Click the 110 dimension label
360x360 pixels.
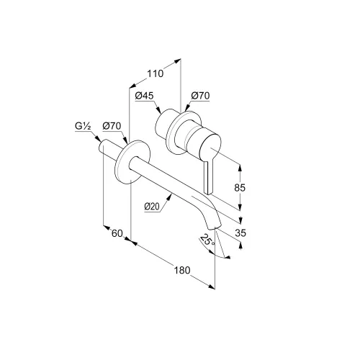tap(155, 73)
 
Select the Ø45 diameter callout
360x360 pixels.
tap(144, 96)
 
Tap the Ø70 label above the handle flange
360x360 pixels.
tap(200, 96)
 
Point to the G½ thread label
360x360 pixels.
tap(83, 126)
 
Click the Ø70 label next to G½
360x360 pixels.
tap(112, 126)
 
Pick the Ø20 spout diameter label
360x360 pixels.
tap(152, 206)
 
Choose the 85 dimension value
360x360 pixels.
tap(240, 187)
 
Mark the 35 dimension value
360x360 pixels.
tap(240, 233)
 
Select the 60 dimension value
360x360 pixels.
tap(117, 233)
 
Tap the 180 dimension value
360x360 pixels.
tap(182, 270)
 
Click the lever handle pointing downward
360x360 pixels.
tap(208, 177)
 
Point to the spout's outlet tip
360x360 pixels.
tap(215, 227)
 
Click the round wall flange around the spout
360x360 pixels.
tap(132, 162)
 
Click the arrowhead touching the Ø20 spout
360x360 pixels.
tap(170, 197)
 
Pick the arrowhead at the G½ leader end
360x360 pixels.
tap(98, 139)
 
